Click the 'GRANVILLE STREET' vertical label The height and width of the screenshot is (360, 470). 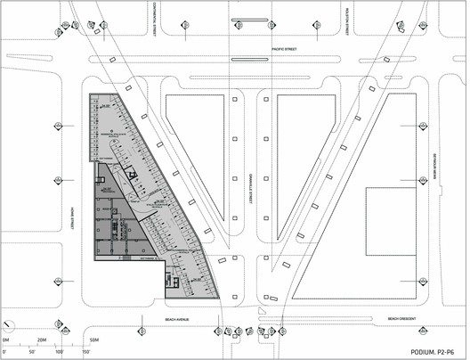(247, 192)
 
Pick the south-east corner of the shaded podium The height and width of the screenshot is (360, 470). (220, 298)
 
